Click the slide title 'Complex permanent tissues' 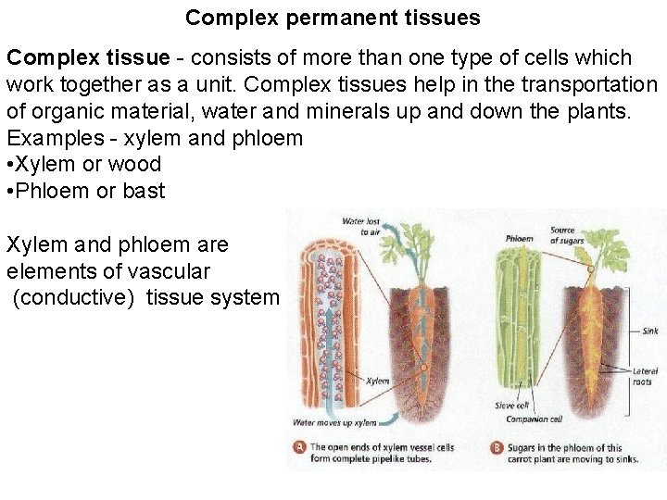pos(333,17)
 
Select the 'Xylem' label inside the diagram pos(377,381)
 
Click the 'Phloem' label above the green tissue pos(519,238)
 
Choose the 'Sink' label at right pos(648,331)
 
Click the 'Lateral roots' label pos(645,376)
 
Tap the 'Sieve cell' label pos(511,405)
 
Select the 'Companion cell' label pos(534,419)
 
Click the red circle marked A pos(299,446)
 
